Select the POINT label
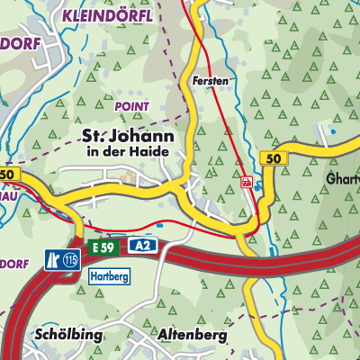tap(131, 105)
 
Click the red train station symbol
tap(246, 182)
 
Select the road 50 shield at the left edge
tap(8, 174)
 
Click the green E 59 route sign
tap(101, 246)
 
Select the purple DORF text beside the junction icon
tap(16, 263)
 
